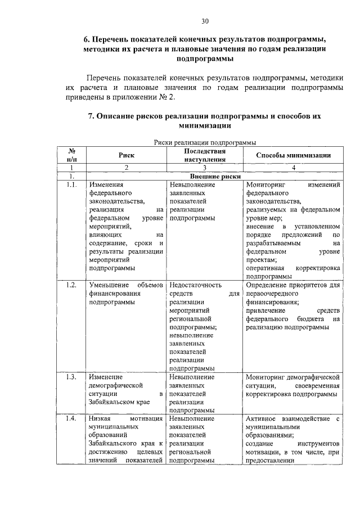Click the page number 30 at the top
click(x=205, y=21)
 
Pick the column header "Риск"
click(x=126, y=155)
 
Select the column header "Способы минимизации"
click(x=293, y=155)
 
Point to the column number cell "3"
click(x=205, y=168)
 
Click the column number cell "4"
click(x=293, y=168)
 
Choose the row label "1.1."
click(x=71, y=184)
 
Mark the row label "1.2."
click(x=71, y=285)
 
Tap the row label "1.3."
click(x=71, y=377)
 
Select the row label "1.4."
click(x=71, y=419)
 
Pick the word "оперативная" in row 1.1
click(x=265, y=268)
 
